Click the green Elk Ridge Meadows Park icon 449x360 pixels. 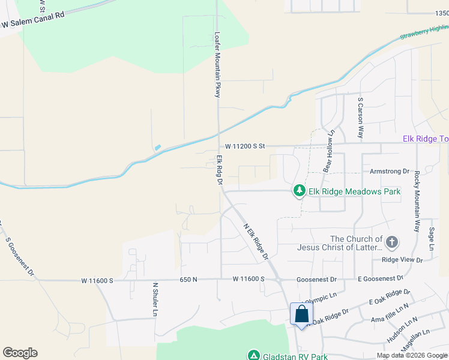[x=299, y=191]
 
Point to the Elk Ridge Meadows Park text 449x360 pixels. [x=354, y=191]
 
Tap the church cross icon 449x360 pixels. [x=391, y=242]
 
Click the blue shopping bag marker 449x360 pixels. [x=301, y=314]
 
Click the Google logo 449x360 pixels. [x=20, y=353]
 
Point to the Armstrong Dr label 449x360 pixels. [x=389, y=172]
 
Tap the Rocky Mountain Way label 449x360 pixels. [x=416, y=202]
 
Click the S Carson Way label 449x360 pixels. [x=361, y=118]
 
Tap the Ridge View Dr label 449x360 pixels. [x=402, y=260]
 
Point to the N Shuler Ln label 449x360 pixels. [x=155, y=299]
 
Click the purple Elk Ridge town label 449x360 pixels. [x=425, y=139]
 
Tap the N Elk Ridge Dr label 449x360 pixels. [x=255, y=242]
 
